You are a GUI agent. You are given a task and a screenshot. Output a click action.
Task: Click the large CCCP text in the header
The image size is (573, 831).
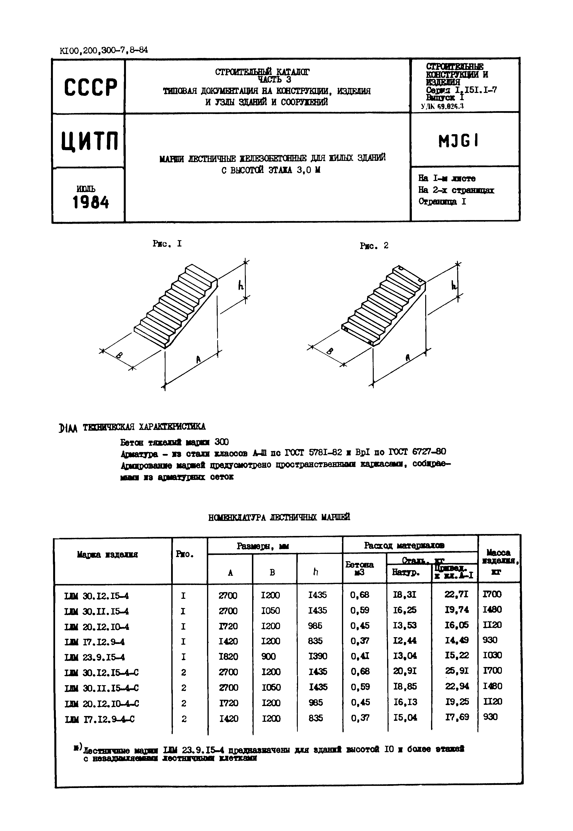coord(91,87)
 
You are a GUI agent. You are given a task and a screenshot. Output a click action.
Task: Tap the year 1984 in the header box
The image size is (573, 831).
coord(91,203)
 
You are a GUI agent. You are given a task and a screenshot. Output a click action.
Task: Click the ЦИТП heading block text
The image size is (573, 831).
coord(90,141)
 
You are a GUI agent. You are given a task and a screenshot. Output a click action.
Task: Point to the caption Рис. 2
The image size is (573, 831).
coord(374,246)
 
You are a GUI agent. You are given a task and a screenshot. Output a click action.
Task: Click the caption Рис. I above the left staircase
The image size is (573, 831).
coord(167,244)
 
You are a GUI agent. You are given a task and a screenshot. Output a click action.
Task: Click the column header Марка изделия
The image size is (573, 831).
coord(107,555)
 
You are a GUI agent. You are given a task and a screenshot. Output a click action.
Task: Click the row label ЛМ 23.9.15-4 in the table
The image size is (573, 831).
coord(95,657)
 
